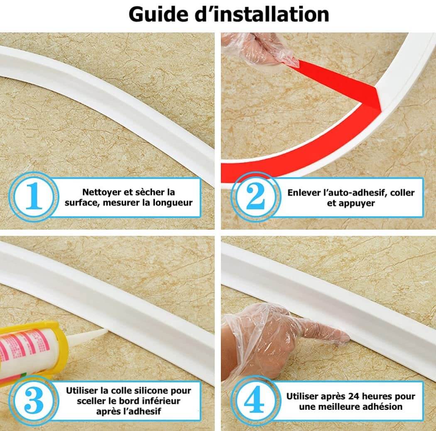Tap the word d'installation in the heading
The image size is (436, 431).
[x=262, y=14]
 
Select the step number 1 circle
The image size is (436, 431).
[x=34, y=197]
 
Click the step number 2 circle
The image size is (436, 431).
[x=255, y=197]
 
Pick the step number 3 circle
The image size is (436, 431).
[x=34, y=401]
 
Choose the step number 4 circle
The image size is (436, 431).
[x=255, y=401]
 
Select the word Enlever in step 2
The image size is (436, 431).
[x=303, y=193]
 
